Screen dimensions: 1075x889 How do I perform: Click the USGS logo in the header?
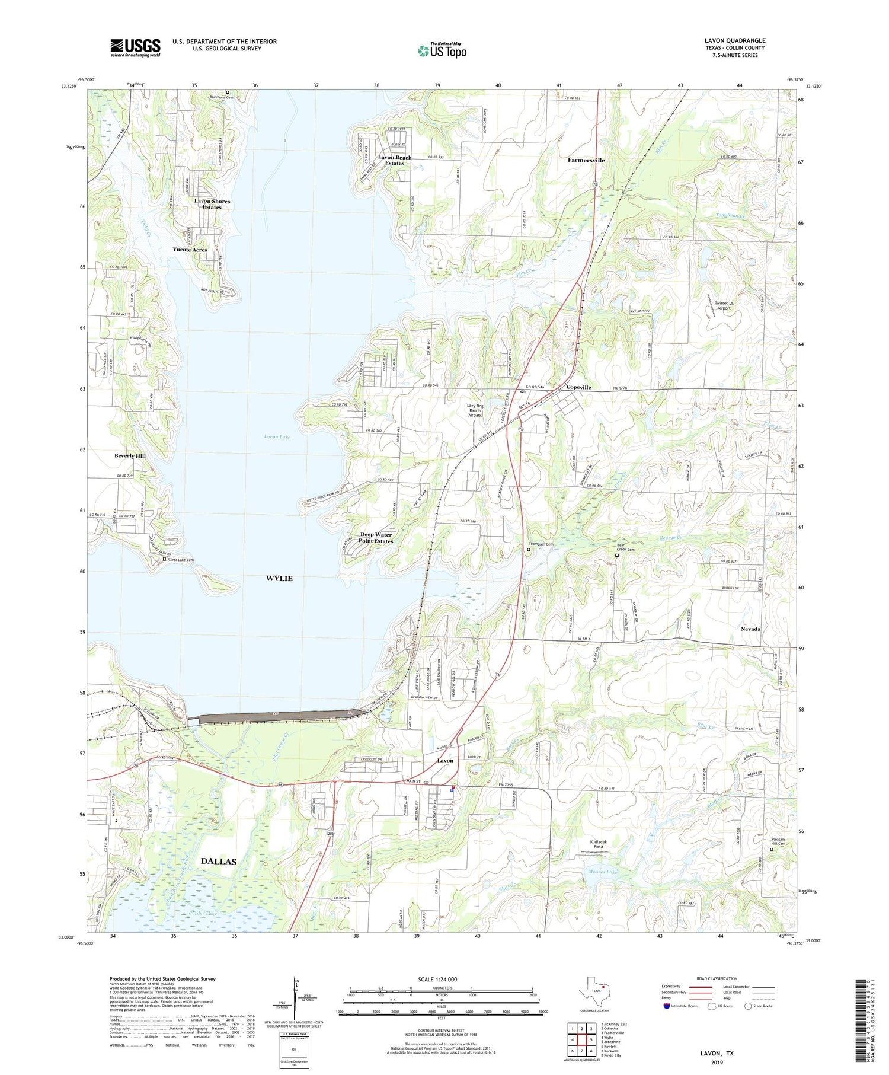coord(135,47)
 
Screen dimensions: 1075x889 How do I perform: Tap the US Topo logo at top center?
coord(442,51)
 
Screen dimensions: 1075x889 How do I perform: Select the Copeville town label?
coord(578,387)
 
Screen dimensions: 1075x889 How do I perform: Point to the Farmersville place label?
coord(586,160)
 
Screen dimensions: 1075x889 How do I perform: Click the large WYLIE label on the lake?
coord(279,578)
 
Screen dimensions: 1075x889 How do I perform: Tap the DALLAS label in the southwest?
coord(218,861)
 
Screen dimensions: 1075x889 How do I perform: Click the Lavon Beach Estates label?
coord(395,160)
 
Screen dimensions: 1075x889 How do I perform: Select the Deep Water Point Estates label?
coord(376,538)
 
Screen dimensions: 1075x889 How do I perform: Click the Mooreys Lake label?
coord(603,872)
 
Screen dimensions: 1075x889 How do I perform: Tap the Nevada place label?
coord(750,629)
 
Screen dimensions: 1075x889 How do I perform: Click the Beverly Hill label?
coord(130,456)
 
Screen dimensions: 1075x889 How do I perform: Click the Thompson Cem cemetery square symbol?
coord(529,550)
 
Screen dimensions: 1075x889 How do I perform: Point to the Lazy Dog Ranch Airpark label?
coord(475,410)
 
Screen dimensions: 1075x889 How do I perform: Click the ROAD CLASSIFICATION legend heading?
coord(717,978)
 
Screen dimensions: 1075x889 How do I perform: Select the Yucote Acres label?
coord(190,250)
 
